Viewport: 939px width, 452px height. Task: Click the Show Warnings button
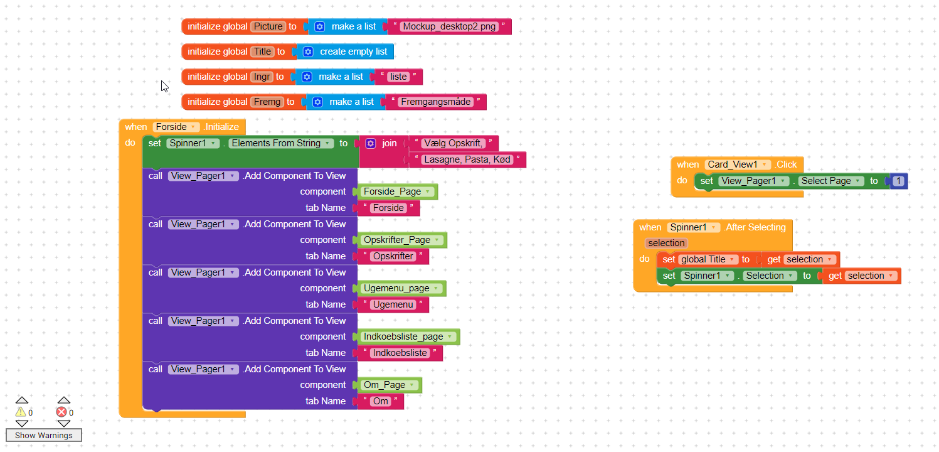[x=44, y=435]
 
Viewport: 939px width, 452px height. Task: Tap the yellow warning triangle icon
[x=21, y=412]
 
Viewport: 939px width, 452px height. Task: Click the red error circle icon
[x=61, y=412]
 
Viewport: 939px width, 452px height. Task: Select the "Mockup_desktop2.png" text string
[x=449, y=26]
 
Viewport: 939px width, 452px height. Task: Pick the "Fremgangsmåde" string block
[x=435, y=102]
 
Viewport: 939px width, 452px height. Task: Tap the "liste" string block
[x=398, y=77]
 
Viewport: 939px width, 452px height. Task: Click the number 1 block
[x=898, y=181]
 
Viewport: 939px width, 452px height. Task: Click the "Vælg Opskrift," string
[x=454, y=143]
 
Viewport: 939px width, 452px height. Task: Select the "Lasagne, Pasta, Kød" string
[x=467, y=159]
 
